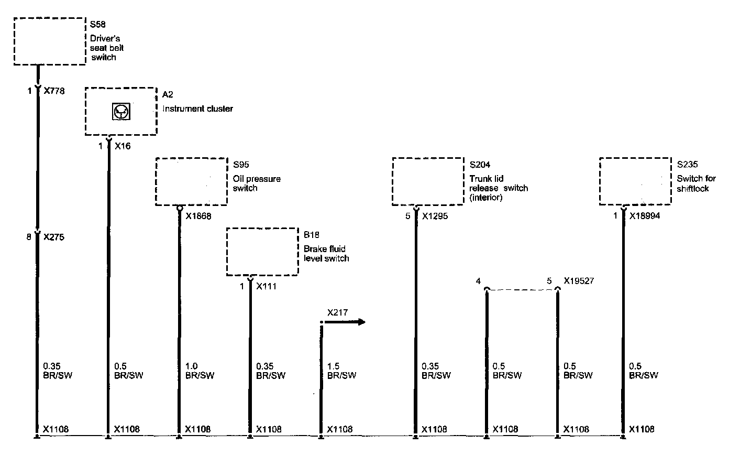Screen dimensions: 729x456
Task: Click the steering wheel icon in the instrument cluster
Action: pyautogui.click(x=121, y=111)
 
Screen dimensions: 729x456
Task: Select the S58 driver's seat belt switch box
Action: pyautogui.click(x=49, y=41)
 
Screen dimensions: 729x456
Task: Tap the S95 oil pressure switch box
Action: pyautogui.click(x=191, y=181)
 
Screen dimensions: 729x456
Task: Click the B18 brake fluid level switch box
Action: pyautogui.click(x=262, y=252)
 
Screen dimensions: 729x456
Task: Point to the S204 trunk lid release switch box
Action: pyautogui.click(x=428, y=181)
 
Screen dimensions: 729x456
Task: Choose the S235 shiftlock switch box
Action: pyautogui.click(x=635, y=181)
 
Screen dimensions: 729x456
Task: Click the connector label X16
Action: pyautogui.click(x=122, y=146)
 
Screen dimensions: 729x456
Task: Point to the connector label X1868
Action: pyautogui.click(x=198, y=216)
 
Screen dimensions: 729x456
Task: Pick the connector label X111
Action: pyautogui.click(x=266, y=287)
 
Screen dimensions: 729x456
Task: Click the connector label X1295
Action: pyautogui.click(x=435, y=216)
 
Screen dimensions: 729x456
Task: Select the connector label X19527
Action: pyautogui.click(x=579, y=281)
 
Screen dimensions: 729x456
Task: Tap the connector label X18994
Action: pyautogui.click(x=645, y=215)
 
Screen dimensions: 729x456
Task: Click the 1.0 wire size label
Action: pyautogui.click(x=192, y=366)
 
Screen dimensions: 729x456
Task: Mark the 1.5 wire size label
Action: pyautogui.click(x=333, y=366)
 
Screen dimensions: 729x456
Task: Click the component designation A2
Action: pyautogui.click(x=168, y=94)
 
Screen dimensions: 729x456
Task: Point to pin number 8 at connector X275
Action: pyautogui.click(x=30, y=237)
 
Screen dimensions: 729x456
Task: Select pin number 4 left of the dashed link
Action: pyautogui.click(x=478, y=281)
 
